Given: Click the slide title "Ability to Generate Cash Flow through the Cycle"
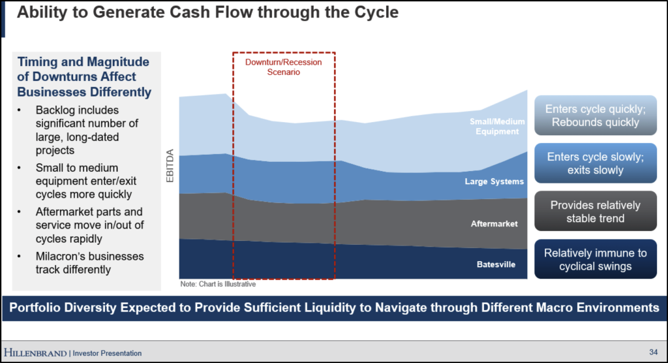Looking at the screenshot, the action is click(207, 12).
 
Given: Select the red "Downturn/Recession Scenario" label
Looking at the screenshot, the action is click(283, 67).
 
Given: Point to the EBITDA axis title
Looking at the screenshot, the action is click(170, 165).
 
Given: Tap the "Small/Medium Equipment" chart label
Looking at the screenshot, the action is click(497, 126).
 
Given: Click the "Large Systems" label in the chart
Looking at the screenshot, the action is click(494, 181).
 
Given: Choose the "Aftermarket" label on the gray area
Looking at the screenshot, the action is click(494, 223).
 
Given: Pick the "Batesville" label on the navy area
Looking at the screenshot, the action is click(496, 264).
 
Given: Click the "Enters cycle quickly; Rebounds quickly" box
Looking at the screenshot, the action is click(596, 115).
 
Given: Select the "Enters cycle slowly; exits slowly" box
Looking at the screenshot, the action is click(596, 163).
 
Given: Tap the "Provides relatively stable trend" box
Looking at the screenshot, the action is click(596, 211).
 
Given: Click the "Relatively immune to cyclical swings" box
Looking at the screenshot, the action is click(596, 259).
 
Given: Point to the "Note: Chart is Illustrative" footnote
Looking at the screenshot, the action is click(218, 284).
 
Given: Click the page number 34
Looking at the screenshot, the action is click(654, 352).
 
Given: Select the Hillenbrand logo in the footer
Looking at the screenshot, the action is click(35, 353).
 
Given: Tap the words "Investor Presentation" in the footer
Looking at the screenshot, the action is click(107, 353).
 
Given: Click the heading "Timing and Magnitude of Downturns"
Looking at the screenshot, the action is click(83, 69).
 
